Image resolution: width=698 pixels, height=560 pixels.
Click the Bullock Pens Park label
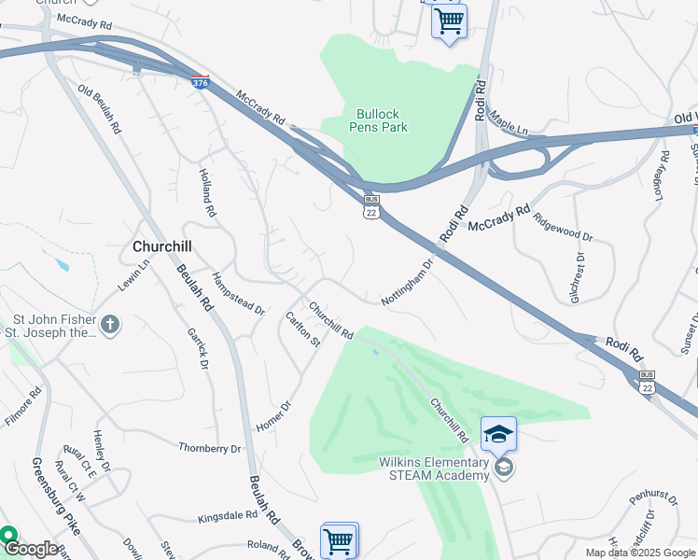click(380, 120)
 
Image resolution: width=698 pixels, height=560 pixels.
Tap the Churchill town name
click(162, 247)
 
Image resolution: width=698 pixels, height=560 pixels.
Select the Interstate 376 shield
click(200, 83)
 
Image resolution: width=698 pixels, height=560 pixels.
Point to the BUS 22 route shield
click(371, 207)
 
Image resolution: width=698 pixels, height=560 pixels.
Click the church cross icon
click(110, 325)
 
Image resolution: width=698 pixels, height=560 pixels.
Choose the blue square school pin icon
click(499, 433)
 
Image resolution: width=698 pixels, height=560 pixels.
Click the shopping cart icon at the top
click(450, 20)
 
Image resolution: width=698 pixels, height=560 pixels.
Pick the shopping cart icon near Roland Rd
click(338, 539)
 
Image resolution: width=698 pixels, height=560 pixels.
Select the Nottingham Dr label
click(409, 283)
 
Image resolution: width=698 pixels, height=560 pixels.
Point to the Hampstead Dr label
click(239, 293)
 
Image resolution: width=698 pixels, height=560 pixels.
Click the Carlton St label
click(302, 329)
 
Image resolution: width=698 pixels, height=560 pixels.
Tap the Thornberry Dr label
click(210, 448)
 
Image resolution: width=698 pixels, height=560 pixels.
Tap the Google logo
click(31, 549)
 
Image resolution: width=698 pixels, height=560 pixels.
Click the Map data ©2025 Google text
click(640, 553)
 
